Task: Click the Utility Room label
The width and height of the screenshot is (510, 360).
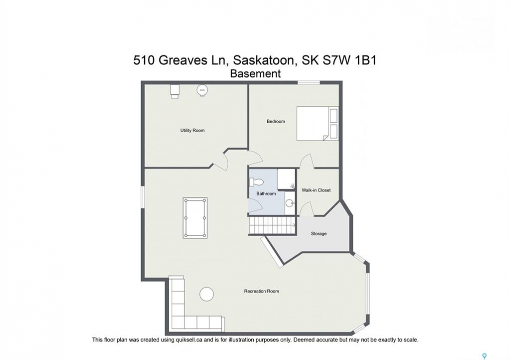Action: coord(192,130)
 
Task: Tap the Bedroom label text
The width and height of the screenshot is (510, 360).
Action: coord(276,121)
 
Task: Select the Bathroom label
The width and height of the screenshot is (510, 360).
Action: coord(266,193)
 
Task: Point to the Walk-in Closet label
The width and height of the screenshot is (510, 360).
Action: coord(316,190)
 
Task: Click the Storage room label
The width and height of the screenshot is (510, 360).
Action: coord(319,233)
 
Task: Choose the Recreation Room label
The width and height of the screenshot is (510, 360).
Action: coord(261,291)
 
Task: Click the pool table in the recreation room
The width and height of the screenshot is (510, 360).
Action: coord(195,218)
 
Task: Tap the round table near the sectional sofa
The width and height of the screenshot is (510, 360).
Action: coord(207,294)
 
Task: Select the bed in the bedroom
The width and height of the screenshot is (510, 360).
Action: coord(317,124)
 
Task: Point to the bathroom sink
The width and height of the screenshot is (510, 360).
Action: coord(289,203)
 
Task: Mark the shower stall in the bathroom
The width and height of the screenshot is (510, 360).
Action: coord(286,179)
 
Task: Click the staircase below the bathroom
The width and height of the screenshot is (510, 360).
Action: coord(273,225)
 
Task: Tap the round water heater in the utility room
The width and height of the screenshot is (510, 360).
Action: coord(202,90)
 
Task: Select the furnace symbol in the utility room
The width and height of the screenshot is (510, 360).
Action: coord(175,91)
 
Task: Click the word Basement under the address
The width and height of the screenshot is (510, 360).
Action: coord(255,74)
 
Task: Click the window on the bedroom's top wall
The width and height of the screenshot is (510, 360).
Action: coord(309,82)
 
